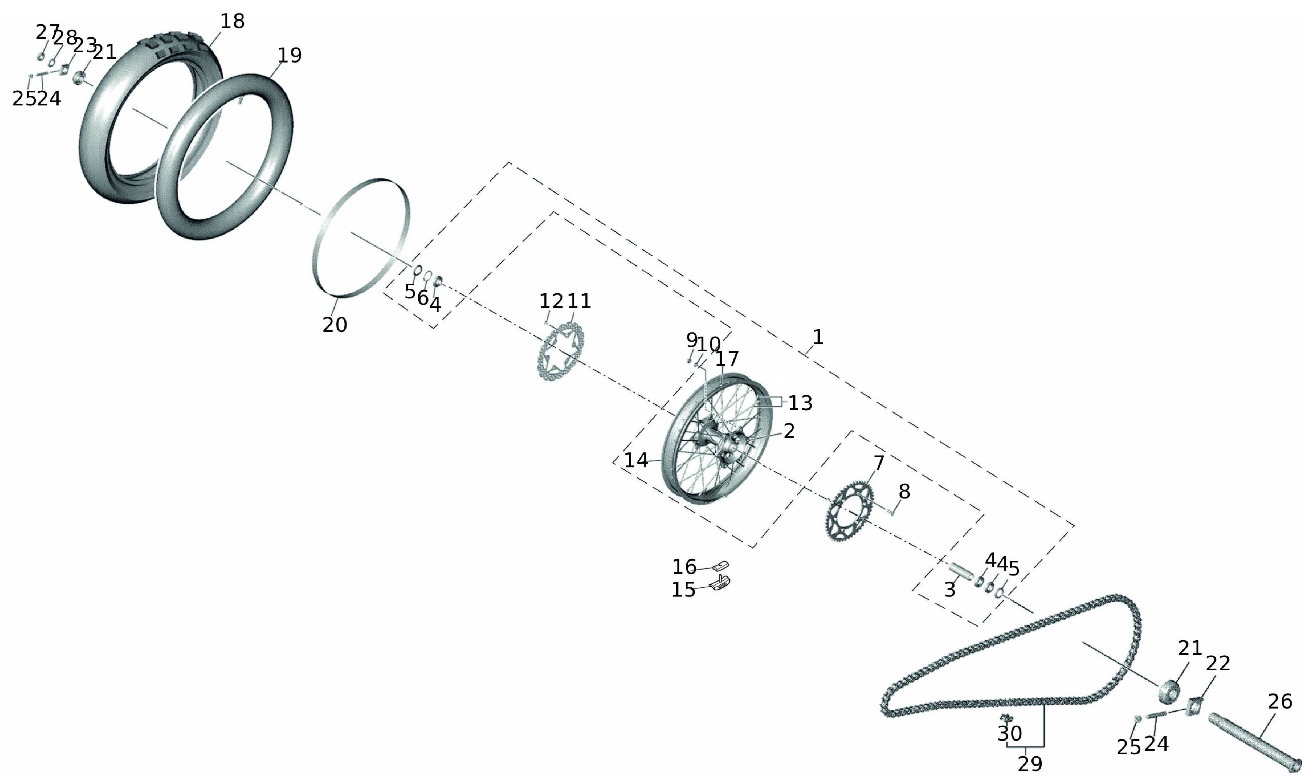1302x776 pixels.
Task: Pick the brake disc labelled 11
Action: tap(544, 366)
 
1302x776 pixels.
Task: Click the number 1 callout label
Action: tap(818, 337)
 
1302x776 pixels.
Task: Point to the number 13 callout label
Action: tap(801, 403)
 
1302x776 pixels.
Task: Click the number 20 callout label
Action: tap(335, 325)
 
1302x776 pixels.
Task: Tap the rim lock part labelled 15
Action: tap(720, 583)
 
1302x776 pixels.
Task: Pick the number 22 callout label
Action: tap(1218, 664)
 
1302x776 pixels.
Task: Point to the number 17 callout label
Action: tap(727, 359)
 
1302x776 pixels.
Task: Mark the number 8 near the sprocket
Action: tap(904, 492)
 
